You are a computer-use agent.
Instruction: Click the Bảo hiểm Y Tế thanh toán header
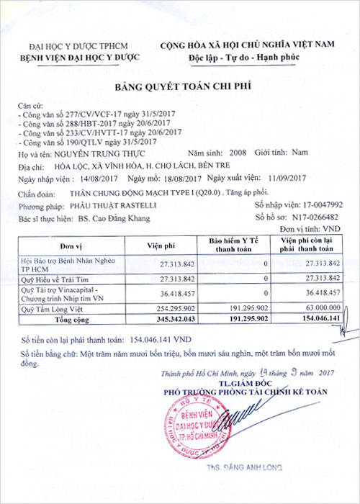(237, 244)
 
